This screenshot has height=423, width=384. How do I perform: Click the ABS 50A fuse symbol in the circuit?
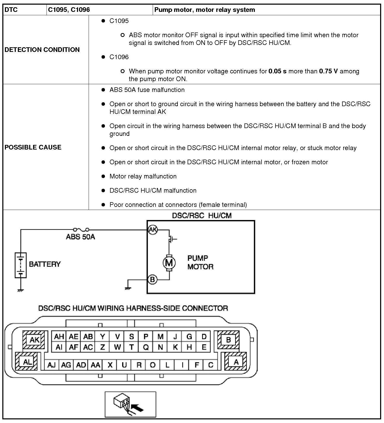(81, 229)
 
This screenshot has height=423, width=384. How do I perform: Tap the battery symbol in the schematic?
(21, 265)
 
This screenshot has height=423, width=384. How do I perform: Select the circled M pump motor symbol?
(169, 263)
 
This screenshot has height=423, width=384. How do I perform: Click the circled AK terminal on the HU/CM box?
(152, 229)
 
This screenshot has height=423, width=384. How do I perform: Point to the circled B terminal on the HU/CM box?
(152, 279)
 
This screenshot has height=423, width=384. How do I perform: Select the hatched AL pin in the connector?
(27, 362)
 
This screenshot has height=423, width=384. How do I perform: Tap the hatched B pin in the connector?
(228, 340)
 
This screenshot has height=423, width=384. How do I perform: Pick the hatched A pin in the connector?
(236, 362)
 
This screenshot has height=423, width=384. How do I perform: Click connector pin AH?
(59, 336)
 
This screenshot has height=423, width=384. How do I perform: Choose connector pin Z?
(103, 347)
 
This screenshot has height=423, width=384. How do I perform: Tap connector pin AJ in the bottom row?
(52, 365)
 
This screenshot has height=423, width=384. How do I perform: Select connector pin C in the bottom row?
(211, 365)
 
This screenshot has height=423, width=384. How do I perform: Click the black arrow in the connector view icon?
(137, 408)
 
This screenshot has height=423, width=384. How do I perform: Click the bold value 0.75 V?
(328, 71)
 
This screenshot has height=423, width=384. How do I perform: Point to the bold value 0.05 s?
(277, 71)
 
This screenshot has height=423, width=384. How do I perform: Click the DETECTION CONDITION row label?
(42, 50)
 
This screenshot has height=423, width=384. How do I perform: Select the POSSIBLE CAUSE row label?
(33, 147)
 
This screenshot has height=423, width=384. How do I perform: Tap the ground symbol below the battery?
(21, 290)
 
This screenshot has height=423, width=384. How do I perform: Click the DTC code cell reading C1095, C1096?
(69, 10)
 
